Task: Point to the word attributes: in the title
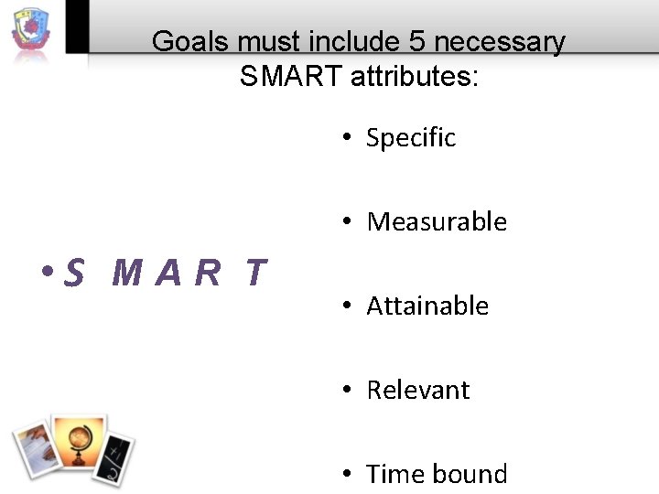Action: pyautogui.click(x=414, y=77)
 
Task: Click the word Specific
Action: pyautogui.click(x=411, y=138)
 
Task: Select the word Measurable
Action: pyautogui.click(x=437, y=222)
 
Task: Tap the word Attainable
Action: pyautogui.click(x=427, y=306)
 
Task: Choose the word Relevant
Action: pyautogui.click(x=417, y=391)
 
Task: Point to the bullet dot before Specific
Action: pyautogui.click(x=349, y=138)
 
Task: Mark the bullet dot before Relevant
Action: pyautogui.click(x=349, y=391)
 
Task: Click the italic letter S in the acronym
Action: pyautogui.click(x=76, y=273)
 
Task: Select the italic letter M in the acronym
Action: pyautogui.click(x=128, y=273)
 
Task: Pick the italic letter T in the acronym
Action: pyautogui.click(x=255, y=273)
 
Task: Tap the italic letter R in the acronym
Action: pyautogui.click(x=209, y=273)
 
